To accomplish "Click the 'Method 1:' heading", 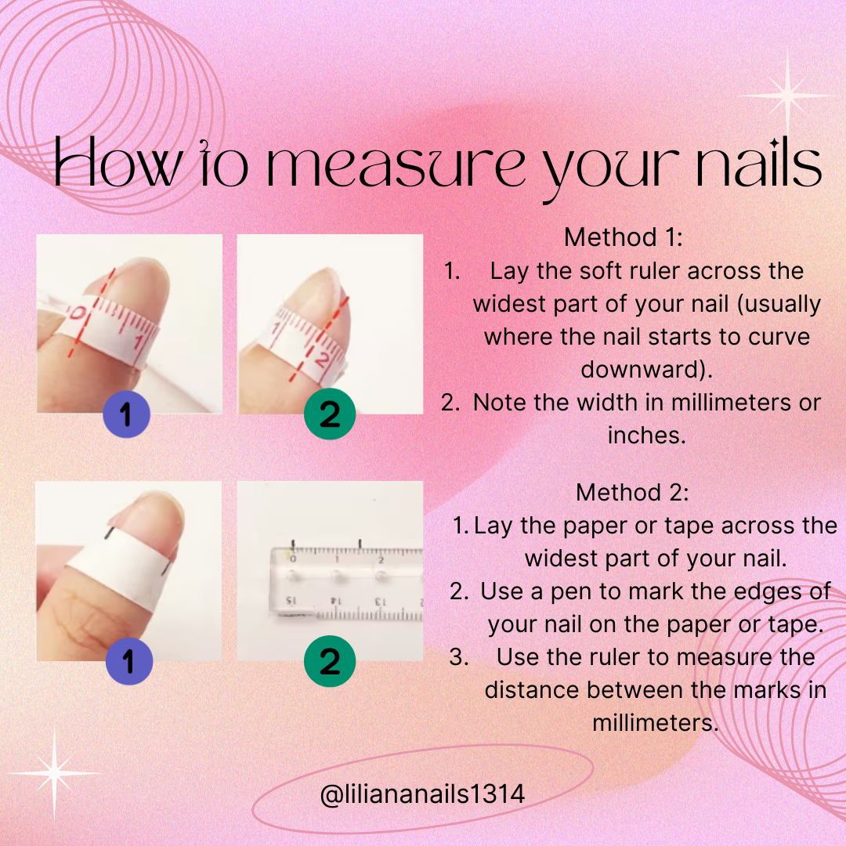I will (624, 237).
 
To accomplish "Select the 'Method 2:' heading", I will (632, 493).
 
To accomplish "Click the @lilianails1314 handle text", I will (422, 794).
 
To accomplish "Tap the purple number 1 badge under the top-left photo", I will (128, 415).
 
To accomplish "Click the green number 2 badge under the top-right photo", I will (330, 414).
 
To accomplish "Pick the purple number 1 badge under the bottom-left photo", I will (128, 663).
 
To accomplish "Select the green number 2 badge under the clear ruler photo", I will (330, 663).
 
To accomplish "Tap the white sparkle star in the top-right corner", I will (786, 96).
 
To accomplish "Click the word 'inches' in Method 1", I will (646, 435).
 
